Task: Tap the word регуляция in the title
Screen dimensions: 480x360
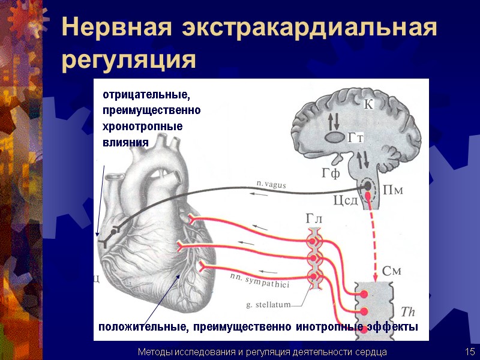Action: tap(129, 61)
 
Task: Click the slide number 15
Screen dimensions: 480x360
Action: tap(469, 352)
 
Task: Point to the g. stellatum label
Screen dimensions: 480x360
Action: tap(268, 305)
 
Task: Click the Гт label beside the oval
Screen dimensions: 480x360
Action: tap(356, 138)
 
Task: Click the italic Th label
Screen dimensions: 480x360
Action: tap(407, 312)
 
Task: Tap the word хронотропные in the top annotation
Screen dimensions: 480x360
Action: tap(142, 127)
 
